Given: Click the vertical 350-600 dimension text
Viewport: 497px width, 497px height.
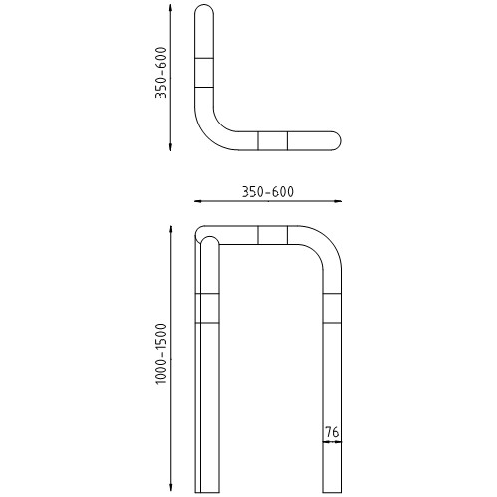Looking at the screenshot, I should [160, 78].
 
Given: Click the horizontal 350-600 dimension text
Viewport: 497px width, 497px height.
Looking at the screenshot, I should [267, 191].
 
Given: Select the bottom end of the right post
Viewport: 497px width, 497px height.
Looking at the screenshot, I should [332, 490].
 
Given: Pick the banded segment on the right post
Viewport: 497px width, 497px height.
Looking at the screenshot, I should [332, 309].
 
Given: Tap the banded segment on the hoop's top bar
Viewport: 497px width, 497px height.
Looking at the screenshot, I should [272, 234].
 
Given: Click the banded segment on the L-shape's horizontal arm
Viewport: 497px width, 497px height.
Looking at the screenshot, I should [272, 140].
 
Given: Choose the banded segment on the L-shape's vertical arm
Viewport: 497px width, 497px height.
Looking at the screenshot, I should [204, 73].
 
